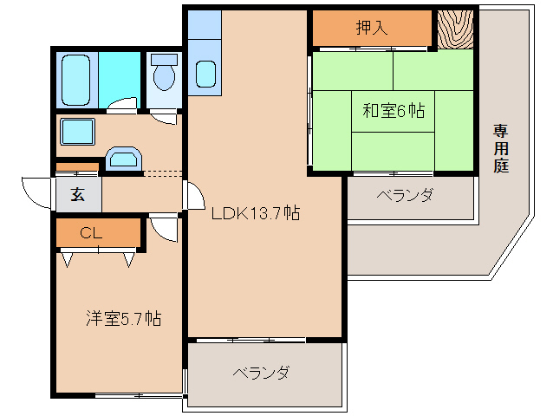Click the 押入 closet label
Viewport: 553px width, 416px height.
(372, 28)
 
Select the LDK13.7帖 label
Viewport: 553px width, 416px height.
(257, 212)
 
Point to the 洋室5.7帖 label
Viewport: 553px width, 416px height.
(122, 318)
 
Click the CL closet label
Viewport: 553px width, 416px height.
(91, 232)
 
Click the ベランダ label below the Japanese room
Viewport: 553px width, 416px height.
(405, 196)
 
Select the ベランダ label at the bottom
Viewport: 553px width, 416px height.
(260, 373)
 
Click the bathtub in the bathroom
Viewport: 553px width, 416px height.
(77, 79)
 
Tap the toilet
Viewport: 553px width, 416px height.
(164, 74)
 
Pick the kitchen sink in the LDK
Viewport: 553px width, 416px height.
(205, 74)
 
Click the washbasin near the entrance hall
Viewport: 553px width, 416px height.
(123, 159)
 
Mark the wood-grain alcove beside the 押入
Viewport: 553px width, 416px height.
(454, 29)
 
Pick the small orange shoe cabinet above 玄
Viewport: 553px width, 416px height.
(77, 167)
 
